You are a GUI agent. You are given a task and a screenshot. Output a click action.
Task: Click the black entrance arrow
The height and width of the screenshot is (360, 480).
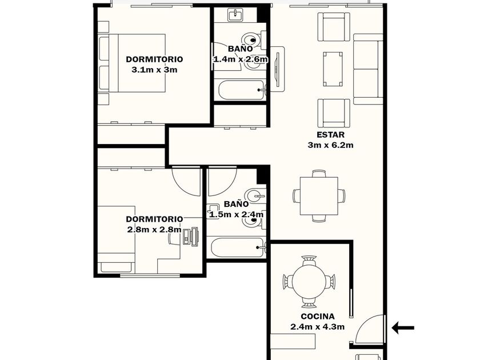click(x=403, y=327)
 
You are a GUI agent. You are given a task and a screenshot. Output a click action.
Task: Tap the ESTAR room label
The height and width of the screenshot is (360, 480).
click(x=330, y=135)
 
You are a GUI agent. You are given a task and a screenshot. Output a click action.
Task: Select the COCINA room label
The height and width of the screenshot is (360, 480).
click(x=318, y=316)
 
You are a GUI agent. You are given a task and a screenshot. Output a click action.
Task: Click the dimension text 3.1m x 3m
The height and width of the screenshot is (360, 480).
click(x=155, y=70)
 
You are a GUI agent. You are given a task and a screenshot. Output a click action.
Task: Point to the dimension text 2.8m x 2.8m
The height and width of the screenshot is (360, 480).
click(x=154, y=229)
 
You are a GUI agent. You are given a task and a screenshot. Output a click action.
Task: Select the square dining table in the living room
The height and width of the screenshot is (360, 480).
click(x=319, y=196)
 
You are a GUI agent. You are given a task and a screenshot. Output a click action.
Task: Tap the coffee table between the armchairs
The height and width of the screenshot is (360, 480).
click(x=333, y=69)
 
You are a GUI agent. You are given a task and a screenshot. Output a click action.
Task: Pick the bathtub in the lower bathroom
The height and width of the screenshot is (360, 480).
click(x=237, y=247)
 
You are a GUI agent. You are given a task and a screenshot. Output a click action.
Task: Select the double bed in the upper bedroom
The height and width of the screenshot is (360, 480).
click(x=132, y=63)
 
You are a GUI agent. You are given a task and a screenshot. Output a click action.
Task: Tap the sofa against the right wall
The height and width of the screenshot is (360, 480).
click(x=368, y=69)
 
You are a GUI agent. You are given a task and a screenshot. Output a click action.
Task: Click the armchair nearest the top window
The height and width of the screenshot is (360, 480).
click(x=334, y=27)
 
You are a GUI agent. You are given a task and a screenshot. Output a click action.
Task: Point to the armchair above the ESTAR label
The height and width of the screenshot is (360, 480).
click(x=334, y=113)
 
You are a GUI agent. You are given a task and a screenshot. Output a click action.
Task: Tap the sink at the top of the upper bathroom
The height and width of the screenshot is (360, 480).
click(x=235, y=15)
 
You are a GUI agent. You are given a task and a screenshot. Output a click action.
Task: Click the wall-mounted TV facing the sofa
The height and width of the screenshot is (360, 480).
click(x=278, y=69)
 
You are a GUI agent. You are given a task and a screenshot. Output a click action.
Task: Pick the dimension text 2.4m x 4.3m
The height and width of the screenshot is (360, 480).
click(x=318, y=327)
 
